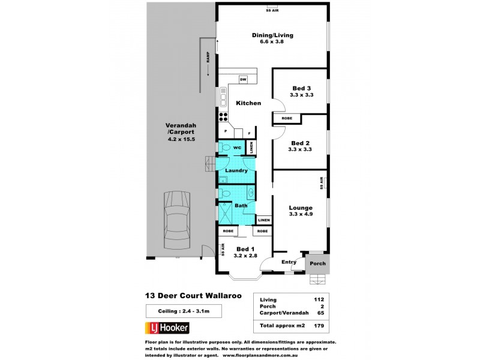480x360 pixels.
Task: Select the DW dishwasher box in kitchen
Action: (x=243, y=79)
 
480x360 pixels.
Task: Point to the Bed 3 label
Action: (x=300, y=91)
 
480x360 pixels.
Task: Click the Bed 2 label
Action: (x=300, y=146)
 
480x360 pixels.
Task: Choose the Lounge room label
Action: (x=301, y=211)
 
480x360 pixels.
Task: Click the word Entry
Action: (x=289, y=262)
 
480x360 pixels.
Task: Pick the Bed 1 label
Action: (x=245, y=252)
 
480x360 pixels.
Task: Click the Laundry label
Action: (x=236, y=170)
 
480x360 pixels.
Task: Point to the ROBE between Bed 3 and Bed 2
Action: (x=286, y=119)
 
